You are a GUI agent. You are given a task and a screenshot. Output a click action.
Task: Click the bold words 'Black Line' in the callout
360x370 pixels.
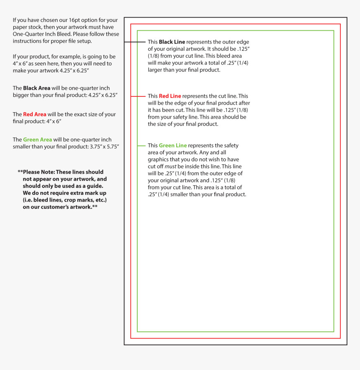pyautogui.click(x=172, y=42)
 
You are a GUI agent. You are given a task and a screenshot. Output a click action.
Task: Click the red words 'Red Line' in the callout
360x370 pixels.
pyautogui.click(x=170, y=96)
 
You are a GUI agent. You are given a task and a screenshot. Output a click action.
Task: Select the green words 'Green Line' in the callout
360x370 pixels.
pyautogui.click(x=172, y=146)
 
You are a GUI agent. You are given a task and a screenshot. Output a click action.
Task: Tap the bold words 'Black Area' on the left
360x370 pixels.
pyautogui.click(x=36, y=88)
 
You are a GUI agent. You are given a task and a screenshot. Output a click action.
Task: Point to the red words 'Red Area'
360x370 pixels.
pyautogui.click(x=34, y=114)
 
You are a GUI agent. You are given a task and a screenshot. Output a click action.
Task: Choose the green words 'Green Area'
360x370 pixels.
pyautogui.click(x=37, y=140)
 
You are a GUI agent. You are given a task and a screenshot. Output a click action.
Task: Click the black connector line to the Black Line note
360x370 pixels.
pyautogui.click(x=135, y=42)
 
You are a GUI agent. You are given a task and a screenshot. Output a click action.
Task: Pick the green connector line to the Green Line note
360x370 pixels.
pyautogui.click(x=141, y=146)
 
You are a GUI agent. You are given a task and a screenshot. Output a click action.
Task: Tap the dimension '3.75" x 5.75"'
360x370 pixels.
pyautogui.click(x=105, y=147)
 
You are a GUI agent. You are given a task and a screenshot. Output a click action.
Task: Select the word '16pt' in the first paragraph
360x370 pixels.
pyautogui.click(x=72, y=20)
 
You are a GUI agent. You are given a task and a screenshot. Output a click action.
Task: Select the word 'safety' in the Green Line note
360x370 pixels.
pyautogui.click(x=230, y=146)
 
